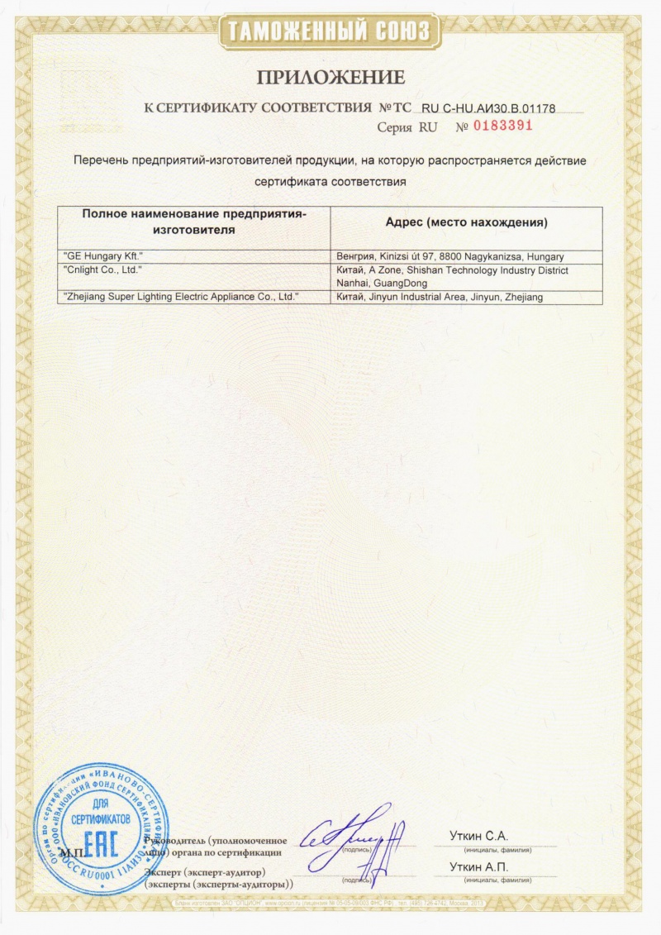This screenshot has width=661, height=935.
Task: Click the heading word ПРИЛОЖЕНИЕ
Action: click(x=330, y=78)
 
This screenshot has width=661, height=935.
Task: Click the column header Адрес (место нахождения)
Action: click(x=467, y=223)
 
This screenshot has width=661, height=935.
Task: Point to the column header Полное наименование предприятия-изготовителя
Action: click(x=194, y=222)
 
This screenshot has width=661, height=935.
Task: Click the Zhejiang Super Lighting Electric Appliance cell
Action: click(x=181, y=296)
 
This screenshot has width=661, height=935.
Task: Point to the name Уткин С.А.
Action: click(x=479, y=836)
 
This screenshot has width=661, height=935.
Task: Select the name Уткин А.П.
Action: click(x=479, y=866)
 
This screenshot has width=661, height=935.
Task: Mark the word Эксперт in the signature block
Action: click(x=164, y=872)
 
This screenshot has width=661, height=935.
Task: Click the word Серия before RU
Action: click(x=395, y=127)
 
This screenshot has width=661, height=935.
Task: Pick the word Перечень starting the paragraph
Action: click(x=101, y=160)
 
